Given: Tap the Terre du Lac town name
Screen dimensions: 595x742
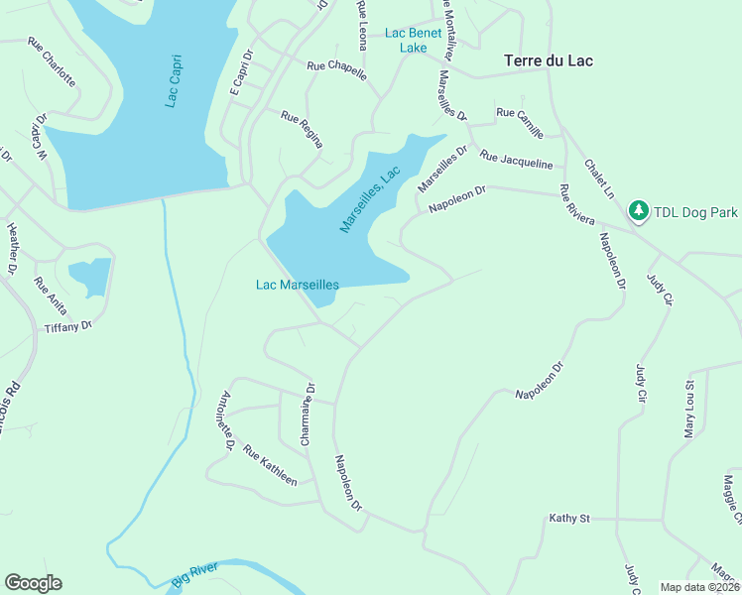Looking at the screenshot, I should (x=549, y=60).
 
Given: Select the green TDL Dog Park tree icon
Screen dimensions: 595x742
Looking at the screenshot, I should (x=638, y=211).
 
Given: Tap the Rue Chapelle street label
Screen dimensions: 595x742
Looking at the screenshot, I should (x=336, y=71).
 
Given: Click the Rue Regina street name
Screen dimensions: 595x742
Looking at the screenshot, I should (x=303, y=129).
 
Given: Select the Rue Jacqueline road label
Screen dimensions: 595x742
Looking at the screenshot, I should (x=516, y=161).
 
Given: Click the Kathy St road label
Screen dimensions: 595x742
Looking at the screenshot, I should (x=569, y=519).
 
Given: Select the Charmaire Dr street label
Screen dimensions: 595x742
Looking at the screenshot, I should (x=309, y=414).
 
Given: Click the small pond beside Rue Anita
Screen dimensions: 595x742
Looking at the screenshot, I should (x=89, y=277).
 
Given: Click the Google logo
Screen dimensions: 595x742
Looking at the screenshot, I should (x=33, y=583).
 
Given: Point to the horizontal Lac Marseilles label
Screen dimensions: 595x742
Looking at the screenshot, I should (x=298, y=285).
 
